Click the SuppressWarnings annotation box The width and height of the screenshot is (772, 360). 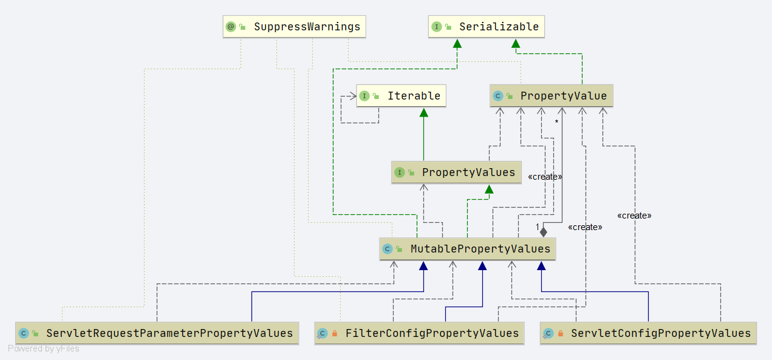point(295,27)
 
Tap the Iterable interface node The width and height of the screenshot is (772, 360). point(401,96)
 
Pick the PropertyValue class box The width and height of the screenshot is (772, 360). point(552,96)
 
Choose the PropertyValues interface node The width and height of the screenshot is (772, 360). point(456,172)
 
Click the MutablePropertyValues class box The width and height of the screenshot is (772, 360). point(467,249)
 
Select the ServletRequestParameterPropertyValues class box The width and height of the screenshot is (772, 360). point(157,333)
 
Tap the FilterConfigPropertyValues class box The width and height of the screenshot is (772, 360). point(418,333)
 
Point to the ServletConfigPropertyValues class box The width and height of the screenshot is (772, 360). point(648,333)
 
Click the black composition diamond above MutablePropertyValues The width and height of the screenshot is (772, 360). point(544,231)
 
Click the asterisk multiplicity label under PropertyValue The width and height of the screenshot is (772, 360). point(556,122)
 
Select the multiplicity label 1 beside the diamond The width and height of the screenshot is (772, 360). point(538,227)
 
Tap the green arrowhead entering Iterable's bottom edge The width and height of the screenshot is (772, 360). point(424,112)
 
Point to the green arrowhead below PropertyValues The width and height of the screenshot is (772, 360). point(488,189)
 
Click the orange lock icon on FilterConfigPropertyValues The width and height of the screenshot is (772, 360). point(335,333)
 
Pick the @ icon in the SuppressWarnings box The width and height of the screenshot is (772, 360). point(231,27)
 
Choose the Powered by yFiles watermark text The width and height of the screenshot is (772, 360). point(44,348)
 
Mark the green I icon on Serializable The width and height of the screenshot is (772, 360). point(436,27)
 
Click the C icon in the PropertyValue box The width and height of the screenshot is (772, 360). point(498,96)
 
